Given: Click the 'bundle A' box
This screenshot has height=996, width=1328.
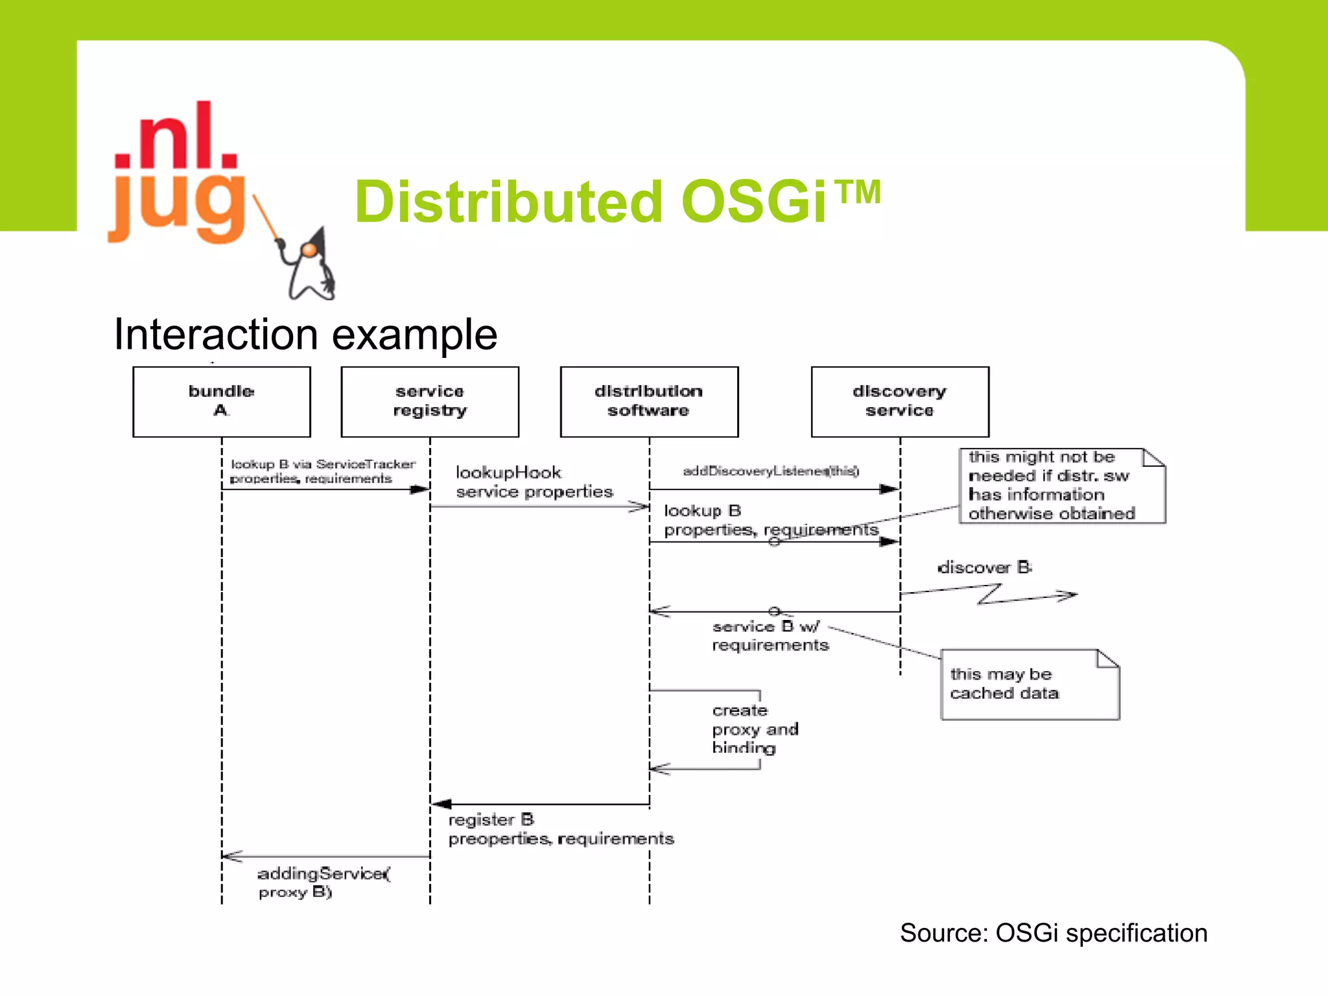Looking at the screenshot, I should pos(221,401).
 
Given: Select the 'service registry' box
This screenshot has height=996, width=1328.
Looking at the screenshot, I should pos(429,401).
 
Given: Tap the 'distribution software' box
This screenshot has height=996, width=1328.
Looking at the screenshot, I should pos(648,401).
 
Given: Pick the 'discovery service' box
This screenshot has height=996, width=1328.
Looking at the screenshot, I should pos(899,401).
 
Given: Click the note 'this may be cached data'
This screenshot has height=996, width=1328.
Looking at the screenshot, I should pos(1029,685).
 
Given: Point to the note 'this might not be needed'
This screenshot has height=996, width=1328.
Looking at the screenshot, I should pos(1061,486).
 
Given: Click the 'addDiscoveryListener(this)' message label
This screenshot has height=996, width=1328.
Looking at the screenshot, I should pos(770,471).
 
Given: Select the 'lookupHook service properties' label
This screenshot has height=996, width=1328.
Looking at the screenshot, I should pos(533,482).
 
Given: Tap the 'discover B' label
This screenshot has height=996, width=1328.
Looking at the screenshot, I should pos(984,568).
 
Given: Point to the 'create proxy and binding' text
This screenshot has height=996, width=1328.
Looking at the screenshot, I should pos(753,729).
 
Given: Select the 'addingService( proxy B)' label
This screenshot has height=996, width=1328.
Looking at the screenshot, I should pos(323,883).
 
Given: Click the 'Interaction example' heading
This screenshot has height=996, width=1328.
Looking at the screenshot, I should pos(305,335).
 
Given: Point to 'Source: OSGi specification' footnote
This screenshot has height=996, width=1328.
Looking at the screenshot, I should pos(1053,933).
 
